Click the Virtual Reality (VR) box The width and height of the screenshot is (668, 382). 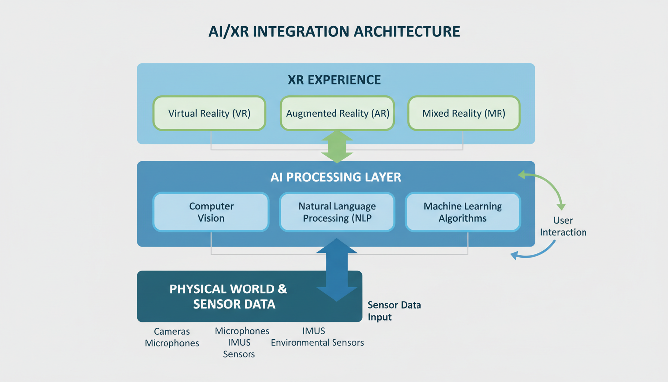(209, 113)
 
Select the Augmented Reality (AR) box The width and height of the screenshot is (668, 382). (337, 113)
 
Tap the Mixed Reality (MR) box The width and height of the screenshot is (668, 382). (464, 113)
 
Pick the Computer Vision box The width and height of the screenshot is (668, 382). (211, 212)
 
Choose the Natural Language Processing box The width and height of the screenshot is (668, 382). (337, 212)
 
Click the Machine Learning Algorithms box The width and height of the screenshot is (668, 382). (463, 212)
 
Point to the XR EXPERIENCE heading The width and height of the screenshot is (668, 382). (334, 80)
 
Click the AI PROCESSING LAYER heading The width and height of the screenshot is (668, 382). (335, 177)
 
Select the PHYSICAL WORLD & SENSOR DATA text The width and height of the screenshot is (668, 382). (229, 296)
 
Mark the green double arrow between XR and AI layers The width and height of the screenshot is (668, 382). (337, 146)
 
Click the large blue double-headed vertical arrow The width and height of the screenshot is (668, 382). (337, 270)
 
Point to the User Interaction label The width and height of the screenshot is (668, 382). (563, 226)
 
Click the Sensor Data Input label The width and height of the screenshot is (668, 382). (394, 311)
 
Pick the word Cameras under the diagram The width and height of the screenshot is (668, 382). (172, 331)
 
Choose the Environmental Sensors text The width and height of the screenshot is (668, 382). (317, 342)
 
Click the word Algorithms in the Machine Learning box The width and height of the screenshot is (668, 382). (463, 218)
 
